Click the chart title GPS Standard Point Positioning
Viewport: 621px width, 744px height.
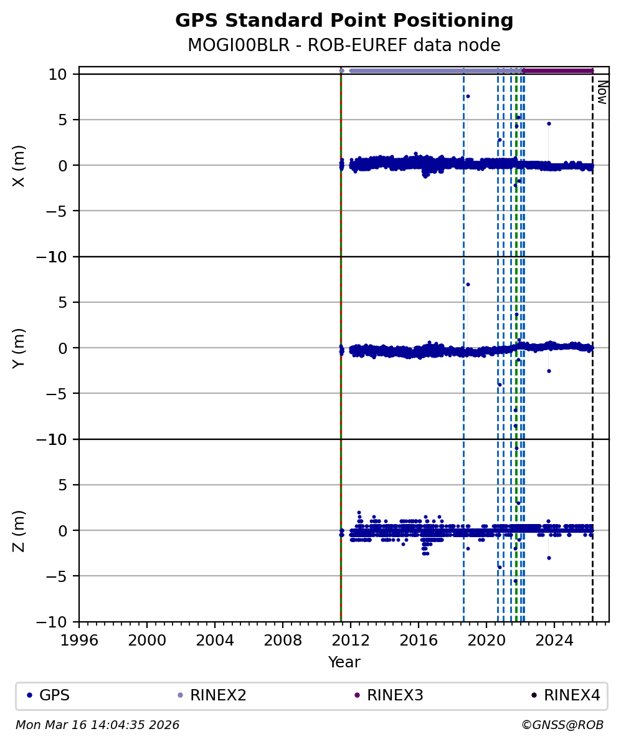(344, 21)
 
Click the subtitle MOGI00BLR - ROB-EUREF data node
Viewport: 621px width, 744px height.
(344, 45)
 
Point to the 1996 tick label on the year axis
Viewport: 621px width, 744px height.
(79, 640)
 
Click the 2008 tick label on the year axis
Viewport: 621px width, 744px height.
(283, 640)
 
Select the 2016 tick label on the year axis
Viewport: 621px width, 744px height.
(419, 640)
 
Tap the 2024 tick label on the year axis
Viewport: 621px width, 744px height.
(554, 640)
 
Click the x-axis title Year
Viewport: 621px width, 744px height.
(344, 662)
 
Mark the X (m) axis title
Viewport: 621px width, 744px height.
(19, 166)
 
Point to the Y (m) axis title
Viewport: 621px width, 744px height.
(19, 348)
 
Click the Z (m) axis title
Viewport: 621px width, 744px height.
(19, 531)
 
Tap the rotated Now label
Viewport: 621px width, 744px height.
(602, 92)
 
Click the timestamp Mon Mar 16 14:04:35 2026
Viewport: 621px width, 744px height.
(97, 725)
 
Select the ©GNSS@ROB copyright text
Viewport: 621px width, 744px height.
(562, 725)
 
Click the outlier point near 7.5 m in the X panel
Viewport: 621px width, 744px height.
(468, 96)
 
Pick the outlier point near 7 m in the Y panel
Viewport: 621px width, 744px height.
(468, 284)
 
